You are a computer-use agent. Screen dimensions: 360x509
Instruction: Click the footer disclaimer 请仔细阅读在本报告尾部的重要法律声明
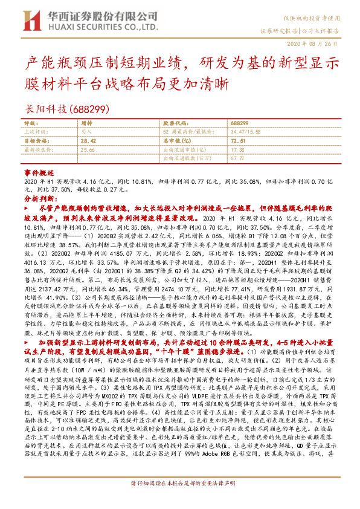click(180, 500)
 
